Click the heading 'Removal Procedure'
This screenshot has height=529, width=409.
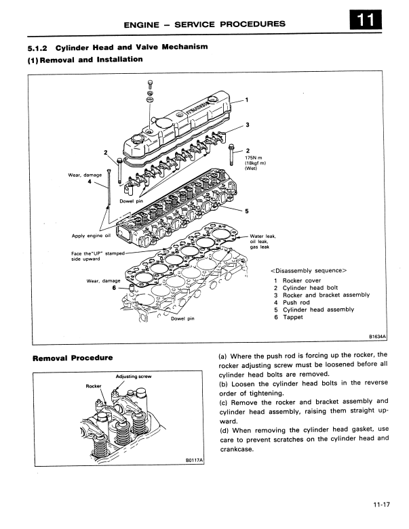click(72, 358)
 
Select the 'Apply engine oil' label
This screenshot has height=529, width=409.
click(90, 236)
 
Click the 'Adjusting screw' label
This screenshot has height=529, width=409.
click(132, 375)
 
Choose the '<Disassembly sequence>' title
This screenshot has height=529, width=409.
click(309, 269)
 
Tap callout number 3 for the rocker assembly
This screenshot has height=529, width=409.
click(248, 125)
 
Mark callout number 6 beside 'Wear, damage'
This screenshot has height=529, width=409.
click(114, 287)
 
